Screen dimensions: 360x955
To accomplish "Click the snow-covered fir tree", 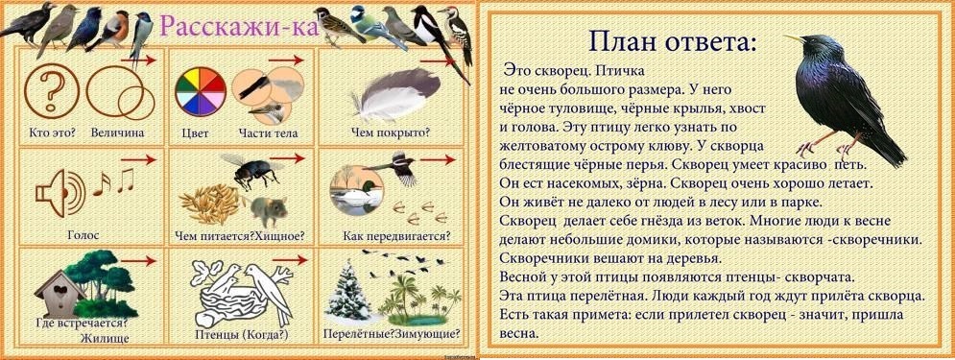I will pyautogui.click(x=346, y=286).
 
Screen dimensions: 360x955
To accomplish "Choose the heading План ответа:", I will pyautogui.click(x=671, y=42).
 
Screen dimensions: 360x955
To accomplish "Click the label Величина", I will pyautogui.click(x=118, y=131).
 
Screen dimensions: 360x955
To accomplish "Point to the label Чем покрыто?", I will pyautogui.click(x=391, y=132).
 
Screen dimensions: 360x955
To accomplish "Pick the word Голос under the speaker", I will pyautogui.click(x=83, y=233).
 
